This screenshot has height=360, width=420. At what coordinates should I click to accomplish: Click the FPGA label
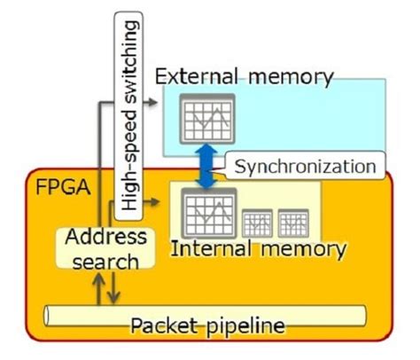(57, 189)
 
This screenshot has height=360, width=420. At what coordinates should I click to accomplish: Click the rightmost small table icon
(293, 223)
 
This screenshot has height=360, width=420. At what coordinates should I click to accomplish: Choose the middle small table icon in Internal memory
(258, 223)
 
